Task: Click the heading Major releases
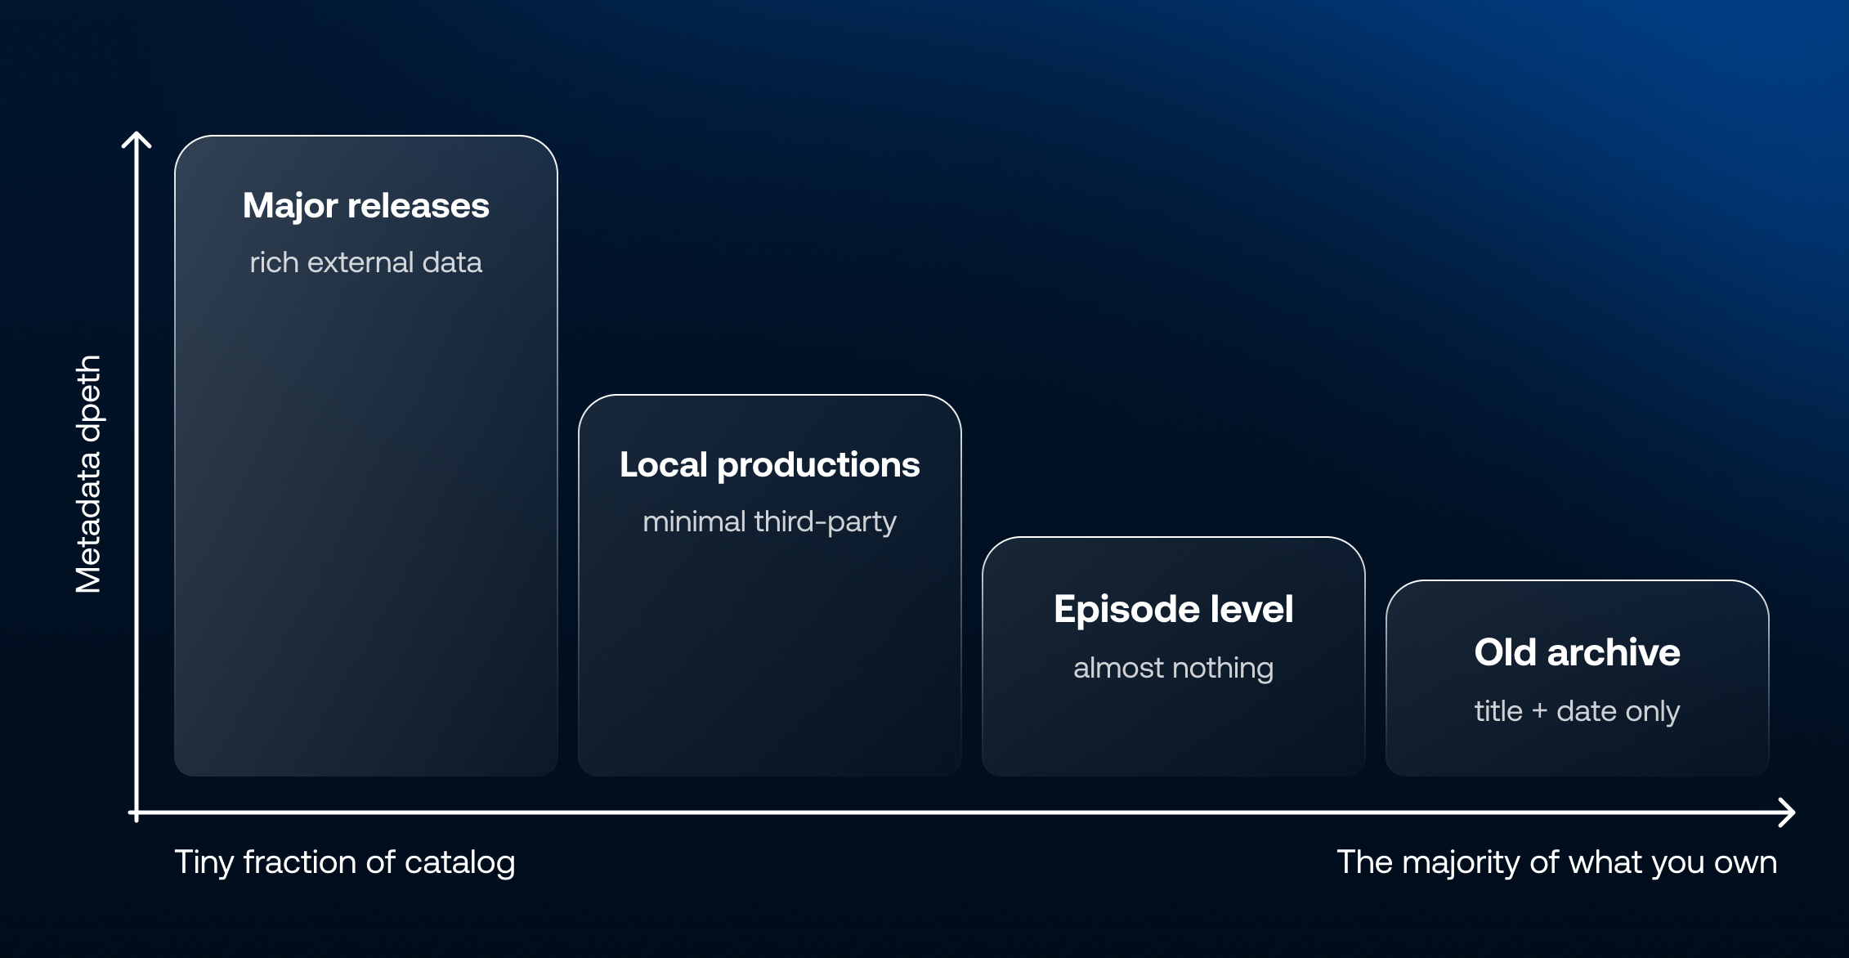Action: coord(366,206)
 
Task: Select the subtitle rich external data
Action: coord(366,262)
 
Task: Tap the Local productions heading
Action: coord(770,465)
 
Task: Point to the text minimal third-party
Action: coord(770,522)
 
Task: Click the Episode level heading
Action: coord(1174,610)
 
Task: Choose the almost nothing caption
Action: coord(1174,668)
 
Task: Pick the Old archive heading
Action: coord(1578,652)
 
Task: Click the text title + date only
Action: coord(1578,711)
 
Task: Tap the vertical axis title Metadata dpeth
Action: coord(88,474)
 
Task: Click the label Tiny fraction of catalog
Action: coord(345,862)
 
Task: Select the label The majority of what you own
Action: coord(1557,862)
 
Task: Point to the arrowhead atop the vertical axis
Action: coord(137,136)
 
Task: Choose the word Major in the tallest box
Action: coord(290,206)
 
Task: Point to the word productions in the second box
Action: coord(818,465)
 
